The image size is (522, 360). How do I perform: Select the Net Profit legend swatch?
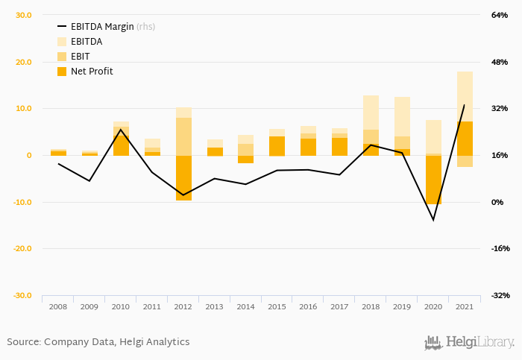[x=62, y=72]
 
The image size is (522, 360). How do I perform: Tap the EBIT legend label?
[x=81, y=56]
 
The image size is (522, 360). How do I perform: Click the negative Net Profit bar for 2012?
[x=183, y=177]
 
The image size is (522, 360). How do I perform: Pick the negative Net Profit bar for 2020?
[x=433, y=179]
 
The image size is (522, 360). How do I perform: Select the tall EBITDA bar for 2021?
[x=465, y=97]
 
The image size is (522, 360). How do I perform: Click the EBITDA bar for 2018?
[x=371, y=112]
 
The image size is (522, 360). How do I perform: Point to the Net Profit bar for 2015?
[x=277, y=146]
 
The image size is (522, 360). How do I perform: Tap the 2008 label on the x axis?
[x=58, y=306]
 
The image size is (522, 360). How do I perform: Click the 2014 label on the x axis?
[x=246, y=306]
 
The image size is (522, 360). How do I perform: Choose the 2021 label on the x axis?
[x=465, y=306]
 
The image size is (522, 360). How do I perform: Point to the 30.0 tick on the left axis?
[x=23, y=15]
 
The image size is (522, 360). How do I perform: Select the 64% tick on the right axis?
[x=499, y=15]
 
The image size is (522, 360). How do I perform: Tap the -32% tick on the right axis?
[x=500, y=296]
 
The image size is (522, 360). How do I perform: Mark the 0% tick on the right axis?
[x=498, y=202]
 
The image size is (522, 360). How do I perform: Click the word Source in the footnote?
[x=23, y=342]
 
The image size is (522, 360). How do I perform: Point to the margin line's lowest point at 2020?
[x=433, y=220]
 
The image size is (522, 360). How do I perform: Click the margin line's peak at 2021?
[x=465, y=105]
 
